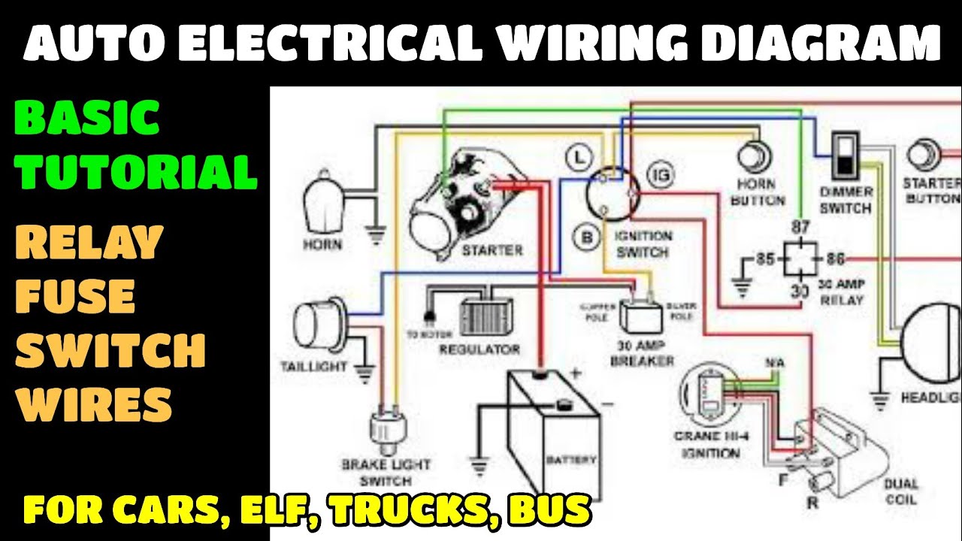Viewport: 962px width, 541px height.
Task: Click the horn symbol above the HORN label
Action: (x=323, y=203)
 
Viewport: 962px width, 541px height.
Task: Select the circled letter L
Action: (x=577, y=158)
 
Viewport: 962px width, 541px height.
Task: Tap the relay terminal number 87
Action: (x=800, y=227)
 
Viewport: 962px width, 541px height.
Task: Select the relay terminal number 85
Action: (x=765, y=260)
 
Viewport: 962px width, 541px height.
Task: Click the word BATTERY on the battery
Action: (x=570, y=460)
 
